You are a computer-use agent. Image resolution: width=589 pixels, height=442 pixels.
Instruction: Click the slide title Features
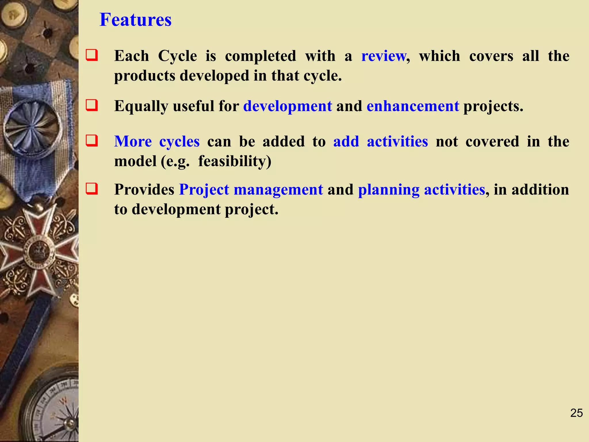[135, 20]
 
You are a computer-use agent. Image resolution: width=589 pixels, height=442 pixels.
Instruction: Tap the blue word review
[384, 56]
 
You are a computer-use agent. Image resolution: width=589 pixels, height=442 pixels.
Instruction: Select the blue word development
[288, 106]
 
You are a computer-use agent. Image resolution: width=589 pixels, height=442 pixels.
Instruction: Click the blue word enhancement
[413, 106]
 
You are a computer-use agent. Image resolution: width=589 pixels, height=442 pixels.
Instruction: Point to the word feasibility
[234, 161]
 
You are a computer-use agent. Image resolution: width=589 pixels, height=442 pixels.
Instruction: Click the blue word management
[278, 190]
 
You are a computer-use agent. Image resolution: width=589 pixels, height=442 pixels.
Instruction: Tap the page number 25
[576, 413]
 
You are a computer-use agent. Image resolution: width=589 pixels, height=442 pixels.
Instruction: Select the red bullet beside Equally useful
[92, 105]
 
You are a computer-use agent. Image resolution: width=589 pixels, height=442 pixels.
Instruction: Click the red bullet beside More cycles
[92, 141]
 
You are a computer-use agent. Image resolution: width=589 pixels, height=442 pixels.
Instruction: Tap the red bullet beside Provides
[92, 189]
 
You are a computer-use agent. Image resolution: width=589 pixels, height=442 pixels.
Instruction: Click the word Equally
[141, 106]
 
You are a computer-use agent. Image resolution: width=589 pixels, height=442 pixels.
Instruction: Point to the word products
[145, 76]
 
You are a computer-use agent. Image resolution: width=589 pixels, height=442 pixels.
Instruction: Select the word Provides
[144, 190]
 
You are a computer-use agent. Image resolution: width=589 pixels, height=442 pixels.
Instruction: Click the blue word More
[133, 142]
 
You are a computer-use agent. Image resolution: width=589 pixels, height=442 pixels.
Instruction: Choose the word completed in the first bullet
[260, 56]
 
